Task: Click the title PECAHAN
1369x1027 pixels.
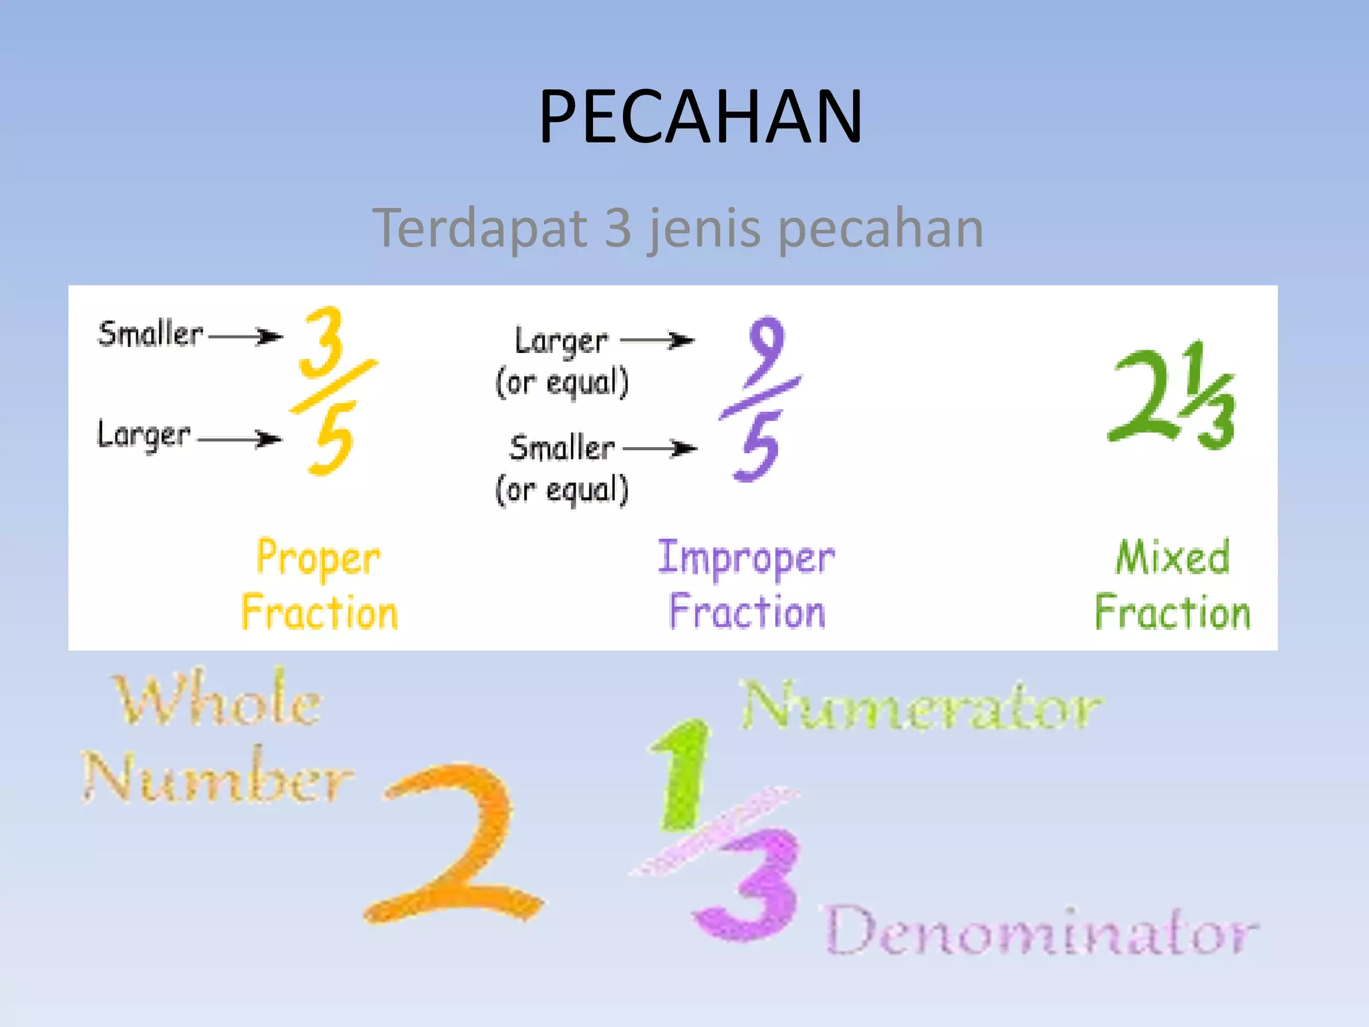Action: (x=701, y=117)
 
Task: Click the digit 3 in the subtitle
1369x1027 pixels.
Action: (x=618, y=228)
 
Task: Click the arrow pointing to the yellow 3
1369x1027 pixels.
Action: (x=245, y=336)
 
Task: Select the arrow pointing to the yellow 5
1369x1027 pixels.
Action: (x=240, y=439)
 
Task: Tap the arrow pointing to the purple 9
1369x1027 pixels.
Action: (x=657, y=340)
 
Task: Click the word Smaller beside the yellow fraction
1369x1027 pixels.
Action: (x=150, y=334)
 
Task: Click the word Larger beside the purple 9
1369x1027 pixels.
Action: (x=562, y=341)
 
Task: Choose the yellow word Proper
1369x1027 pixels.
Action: (x=319, y=559)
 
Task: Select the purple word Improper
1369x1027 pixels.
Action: (x=746, y=559)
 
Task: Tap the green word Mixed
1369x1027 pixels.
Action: (x=1172, y=558)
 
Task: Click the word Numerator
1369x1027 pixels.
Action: (x=921, y=706)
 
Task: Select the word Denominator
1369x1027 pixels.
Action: (x=1041, y=931)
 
